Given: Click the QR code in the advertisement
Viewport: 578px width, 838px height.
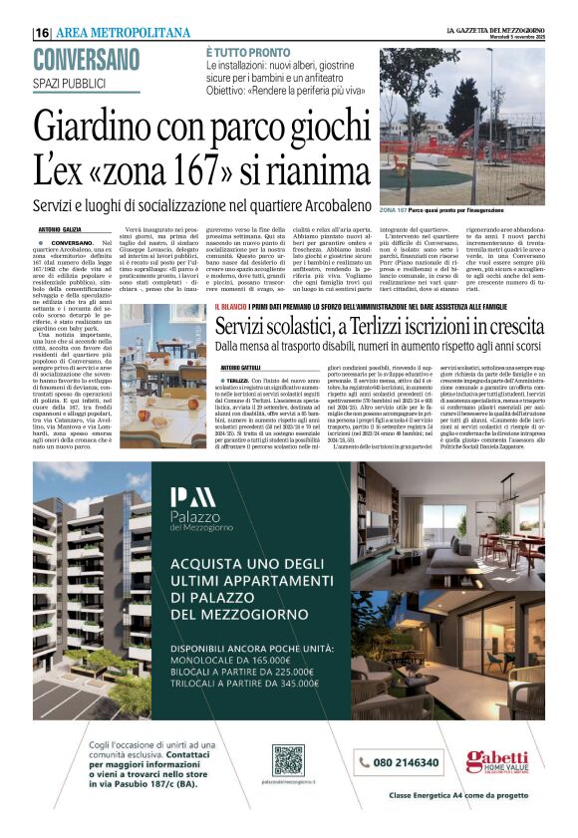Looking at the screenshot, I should point(287,759).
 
